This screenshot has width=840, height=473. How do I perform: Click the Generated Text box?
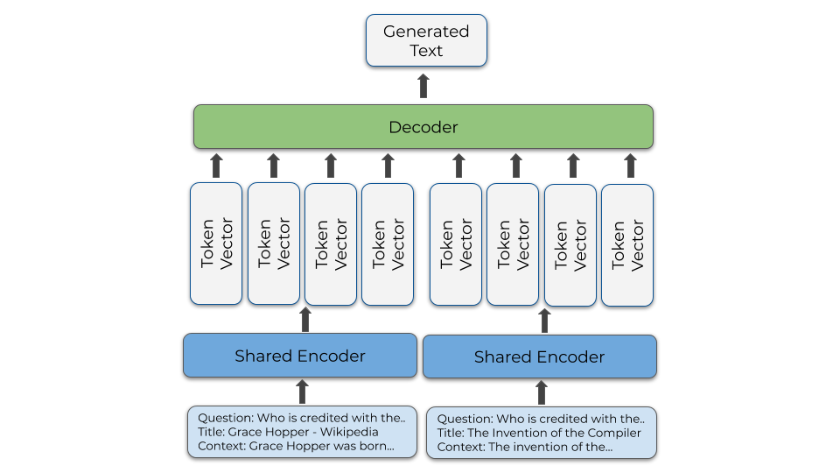pos(426,40)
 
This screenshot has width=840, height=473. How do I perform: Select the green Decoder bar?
pos(423,127)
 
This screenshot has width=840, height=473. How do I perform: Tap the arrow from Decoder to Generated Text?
pos(423,85)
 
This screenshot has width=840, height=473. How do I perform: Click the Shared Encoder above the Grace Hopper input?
pos(299,356)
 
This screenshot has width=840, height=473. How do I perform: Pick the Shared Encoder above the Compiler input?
pos(539,357)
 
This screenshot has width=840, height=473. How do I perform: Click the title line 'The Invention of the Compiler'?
pos(539,433)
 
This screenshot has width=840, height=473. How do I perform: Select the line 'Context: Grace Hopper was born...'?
pos(296,446)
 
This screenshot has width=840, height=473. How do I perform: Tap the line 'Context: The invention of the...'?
pos(524,447)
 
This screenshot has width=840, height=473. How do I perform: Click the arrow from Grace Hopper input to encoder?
pos(302,392)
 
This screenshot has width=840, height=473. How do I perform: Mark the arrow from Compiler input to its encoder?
pos(542,392)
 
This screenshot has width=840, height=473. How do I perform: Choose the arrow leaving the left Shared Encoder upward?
pos(305,320)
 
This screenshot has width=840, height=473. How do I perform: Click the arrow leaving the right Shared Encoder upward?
pos(544,321)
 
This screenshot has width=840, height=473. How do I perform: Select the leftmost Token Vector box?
pos(216,244)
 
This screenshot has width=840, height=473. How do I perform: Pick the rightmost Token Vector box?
pos(626,244)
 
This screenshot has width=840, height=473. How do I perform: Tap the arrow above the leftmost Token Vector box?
pos(217,166)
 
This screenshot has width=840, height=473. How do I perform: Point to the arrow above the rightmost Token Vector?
pos(629,166)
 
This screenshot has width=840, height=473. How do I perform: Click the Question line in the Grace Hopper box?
pos(301,418)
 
